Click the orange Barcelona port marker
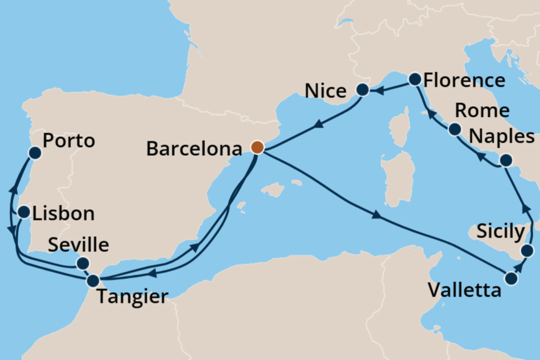(257, 148)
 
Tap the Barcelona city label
(194, 149)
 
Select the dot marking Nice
(362, 90)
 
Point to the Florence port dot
(415, 79)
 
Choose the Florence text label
(465, 80)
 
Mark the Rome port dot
(455, 130)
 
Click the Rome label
(482, 111)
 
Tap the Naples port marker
(507, 161)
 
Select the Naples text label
(502, 136)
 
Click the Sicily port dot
(527, 251)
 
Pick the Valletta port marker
(511, 278)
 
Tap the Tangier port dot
(94, 281)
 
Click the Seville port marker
(82, 263)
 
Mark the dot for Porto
(35, 152)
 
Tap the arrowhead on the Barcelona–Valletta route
(377, 216)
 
